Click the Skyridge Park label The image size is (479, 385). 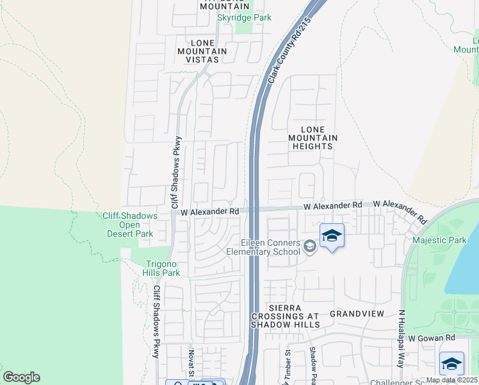[x=244, y=17]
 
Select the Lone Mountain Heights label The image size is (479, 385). [x=313, y=138]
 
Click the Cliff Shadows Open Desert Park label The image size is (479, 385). [x=130, y=225]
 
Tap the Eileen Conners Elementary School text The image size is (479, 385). [x=263, y=247]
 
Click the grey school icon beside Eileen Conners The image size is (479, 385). [x=311, y=246]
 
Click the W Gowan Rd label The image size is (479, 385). [x=432, y=338]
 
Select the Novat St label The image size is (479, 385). [x=191, y=363]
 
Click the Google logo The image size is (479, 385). [x=21, y=377]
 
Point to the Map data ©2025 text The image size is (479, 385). [x=451, y=380]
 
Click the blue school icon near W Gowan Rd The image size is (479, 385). [x=451, y=364]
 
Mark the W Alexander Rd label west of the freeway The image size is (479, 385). [x=209, y=211]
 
